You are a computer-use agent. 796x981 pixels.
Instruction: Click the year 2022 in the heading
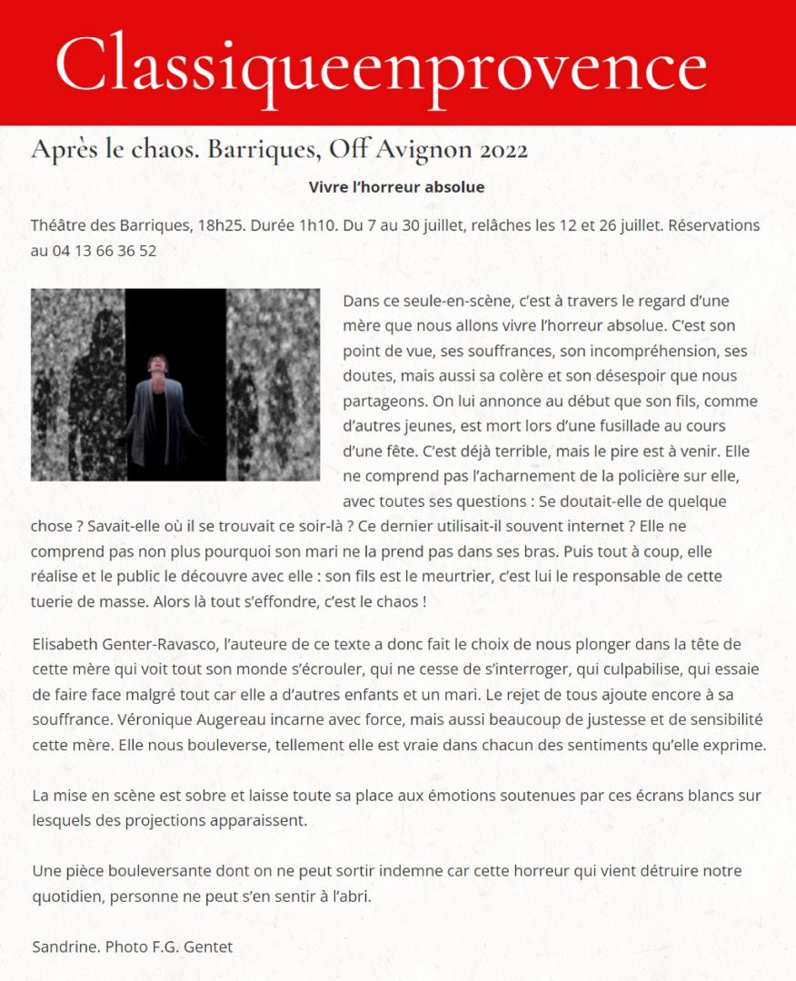click(496, 149)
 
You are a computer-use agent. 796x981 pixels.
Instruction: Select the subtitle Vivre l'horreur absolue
click(397, 187)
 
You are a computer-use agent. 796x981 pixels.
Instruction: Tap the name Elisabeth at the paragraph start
click(65, 644)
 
